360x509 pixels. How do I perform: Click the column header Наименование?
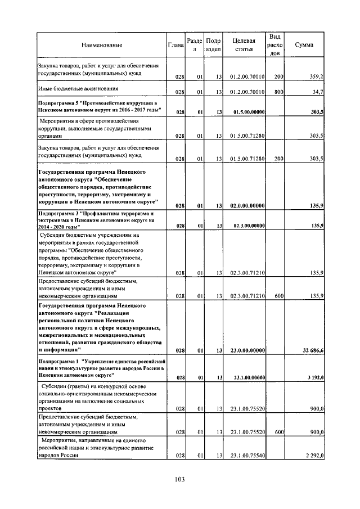pos(101,45)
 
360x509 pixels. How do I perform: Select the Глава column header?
pos(176,45)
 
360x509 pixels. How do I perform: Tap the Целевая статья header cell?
pos(244,45)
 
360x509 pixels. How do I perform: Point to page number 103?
pos(179,480)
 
